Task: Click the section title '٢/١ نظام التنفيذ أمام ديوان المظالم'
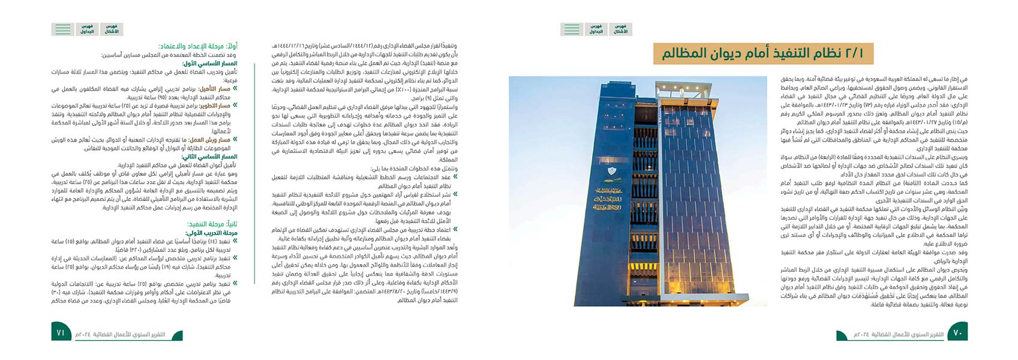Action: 763,53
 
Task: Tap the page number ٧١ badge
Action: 61,332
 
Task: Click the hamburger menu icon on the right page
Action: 571,29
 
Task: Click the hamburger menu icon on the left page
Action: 62,29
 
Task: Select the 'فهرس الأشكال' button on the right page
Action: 620,29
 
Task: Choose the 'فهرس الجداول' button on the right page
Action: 596,29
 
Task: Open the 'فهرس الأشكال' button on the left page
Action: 112,29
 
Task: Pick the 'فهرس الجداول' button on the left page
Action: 87,29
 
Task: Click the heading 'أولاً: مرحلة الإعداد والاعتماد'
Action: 198,46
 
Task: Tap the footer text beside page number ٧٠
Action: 890,334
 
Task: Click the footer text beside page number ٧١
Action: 119,334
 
